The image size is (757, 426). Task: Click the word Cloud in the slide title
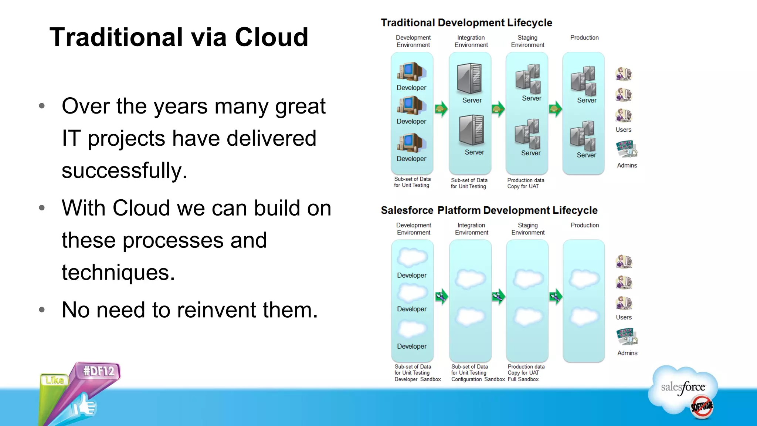(271, 37)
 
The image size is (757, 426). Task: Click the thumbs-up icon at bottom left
(84, 406)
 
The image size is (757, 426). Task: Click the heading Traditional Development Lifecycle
(466, 23)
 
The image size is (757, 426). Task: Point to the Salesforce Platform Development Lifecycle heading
(489, 210)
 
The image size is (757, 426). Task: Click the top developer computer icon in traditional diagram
(411, 72)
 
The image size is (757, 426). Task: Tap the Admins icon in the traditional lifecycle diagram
(626, 149)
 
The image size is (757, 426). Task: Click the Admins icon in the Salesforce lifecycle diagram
(627, 337)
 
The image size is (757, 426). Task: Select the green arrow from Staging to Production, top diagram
(555, 109)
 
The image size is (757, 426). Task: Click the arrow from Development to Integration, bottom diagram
(441, 296)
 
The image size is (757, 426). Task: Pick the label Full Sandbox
(523, 379)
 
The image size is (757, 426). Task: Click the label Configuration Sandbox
(478, 379)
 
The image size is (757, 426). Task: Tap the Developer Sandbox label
(417, 379)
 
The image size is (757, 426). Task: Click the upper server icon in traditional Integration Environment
(469, 78)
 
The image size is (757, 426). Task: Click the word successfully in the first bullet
(125, 171)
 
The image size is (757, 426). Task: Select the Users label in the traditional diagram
(623, 130)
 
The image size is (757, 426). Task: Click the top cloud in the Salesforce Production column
(584, 279)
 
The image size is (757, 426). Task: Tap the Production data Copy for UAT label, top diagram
(525, 183)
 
